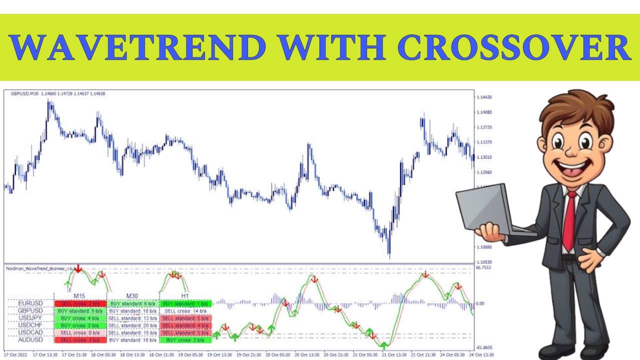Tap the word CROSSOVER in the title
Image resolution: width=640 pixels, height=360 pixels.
tap(513, 47)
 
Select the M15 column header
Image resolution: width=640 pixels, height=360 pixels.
tap(80, 296)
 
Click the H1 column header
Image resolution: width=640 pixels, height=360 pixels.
tap(185, 296)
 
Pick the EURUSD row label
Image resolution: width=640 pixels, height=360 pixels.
tap(30, 303)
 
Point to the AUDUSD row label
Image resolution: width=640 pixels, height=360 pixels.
tap(30, 340)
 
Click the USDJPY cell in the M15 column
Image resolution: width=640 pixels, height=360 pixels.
tap(80, 318)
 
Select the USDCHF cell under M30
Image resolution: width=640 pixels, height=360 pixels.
tap(132, 325)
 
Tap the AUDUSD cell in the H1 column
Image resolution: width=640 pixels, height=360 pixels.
tap(185, 340)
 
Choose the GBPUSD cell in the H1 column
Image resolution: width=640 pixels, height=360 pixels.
tap(185, 310)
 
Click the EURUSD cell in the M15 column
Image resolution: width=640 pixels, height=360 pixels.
tap(80, 303)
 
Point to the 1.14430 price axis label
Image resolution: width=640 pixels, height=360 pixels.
tap(484, 97)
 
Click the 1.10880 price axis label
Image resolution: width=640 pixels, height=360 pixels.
tap(484, 247)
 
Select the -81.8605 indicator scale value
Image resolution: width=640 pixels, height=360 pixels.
tap(483, 347)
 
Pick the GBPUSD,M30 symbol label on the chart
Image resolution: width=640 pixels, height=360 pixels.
tap(24, 93)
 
